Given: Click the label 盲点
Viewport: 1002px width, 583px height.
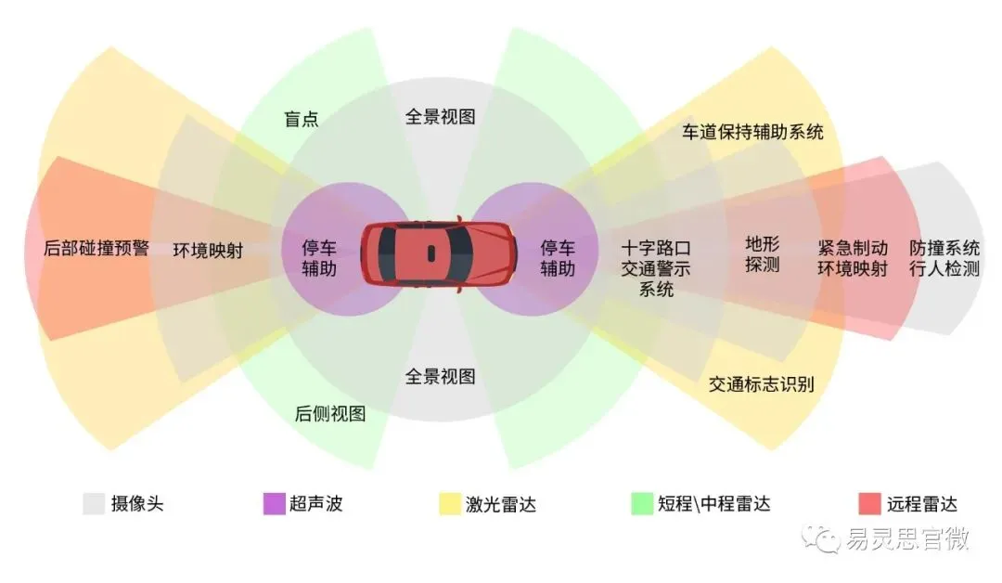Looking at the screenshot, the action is pos(301,119).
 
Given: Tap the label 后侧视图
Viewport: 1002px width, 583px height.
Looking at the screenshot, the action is pos(329,414).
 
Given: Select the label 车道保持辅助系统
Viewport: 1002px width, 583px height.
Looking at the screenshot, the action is pos(752,132).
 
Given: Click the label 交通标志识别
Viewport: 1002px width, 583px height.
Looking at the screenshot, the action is pos(761,383).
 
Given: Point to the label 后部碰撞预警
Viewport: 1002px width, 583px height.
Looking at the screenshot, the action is pos(96,248).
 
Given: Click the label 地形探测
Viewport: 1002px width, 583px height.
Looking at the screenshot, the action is pos(762,253).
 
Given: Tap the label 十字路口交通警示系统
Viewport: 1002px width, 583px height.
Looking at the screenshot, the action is pos(656,268).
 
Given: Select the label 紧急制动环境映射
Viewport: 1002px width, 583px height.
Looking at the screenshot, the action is pos(853,258).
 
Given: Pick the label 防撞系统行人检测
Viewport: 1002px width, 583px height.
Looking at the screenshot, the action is pos(944,258).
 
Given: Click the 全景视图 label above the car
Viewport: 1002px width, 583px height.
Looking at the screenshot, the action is pos(441,116).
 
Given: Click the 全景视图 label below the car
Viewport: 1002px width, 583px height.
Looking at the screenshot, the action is pos(441,376).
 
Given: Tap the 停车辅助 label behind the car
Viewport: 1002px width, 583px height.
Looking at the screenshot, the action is pos(319,258).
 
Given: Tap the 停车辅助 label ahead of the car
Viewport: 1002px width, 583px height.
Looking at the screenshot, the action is pos(558,258).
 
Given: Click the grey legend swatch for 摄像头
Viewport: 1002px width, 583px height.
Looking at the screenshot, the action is pos(94,504).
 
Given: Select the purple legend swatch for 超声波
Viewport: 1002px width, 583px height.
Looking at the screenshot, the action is pos(274,504).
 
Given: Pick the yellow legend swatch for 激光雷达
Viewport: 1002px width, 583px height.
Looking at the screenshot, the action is pos(450,504).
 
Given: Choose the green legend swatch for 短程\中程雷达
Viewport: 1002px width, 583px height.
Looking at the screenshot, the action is pos(642,504).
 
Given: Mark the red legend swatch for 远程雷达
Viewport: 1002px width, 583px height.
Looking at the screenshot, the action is pos(869,504).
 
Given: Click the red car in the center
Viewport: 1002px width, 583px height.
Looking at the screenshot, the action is pos(439,253).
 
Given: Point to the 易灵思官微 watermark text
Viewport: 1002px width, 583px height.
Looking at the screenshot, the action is pos(907,538).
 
